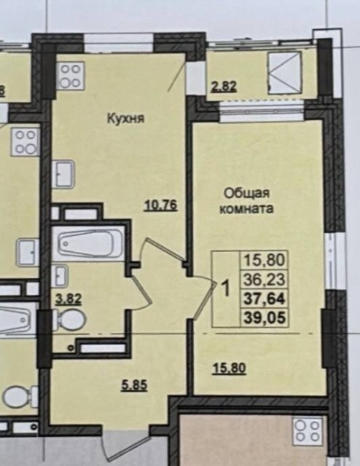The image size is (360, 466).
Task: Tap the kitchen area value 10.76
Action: click(160, 205)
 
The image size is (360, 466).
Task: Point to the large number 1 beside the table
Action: click(225, 288)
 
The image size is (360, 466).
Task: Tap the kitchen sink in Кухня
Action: click(66, 175)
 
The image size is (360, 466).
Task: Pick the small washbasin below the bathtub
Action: click(61, 275)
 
